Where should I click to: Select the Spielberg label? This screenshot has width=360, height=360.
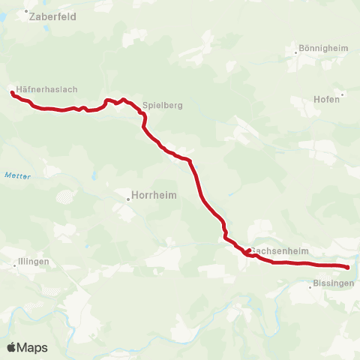163,106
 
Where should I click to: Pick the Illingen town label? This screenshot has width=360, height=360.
33,262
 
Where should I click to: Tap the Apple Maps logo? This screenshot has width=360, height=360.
27,347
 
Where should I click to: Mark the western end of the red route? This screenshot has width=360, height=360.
12,93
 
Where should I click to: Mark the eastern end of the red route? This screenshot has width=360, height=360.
348,267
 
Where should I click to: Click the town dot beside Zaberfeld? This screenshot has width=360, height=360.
27,12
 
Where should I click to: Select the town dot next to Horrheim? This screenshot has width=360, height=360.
128,200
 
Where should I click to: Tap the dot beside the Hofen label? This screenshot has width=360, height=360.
343,95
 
